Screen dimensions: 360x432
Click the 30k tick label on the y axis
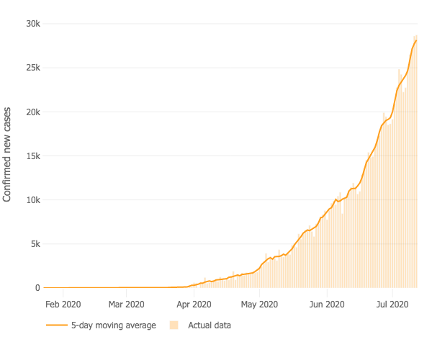coord(33,24)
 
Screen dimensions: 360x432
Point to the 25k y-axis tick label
coord(33,68)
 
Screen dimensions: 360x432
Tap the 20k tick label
coord(33,112)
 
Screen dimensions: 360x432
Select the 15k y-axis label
coord(33,156)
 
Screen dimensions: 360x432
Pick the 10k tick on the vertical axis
coord(33,200)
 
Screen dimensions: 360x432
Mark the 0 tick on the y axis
coord(38,288)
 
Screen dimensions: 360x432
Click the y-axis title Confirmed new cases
coord(8,156)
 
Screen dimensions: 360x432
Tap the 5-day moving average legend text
coord(113,325)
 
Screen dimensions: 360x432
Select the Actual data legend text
coord(210,325)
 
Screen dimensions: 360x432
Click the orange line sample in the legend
coord(56,325)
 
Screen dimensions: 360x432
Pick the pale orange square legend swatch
coord(174,325)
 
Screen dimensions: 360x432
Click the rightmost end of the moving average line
coord(417,41)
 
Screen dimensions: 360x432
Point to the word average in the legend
coord(140,325)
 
